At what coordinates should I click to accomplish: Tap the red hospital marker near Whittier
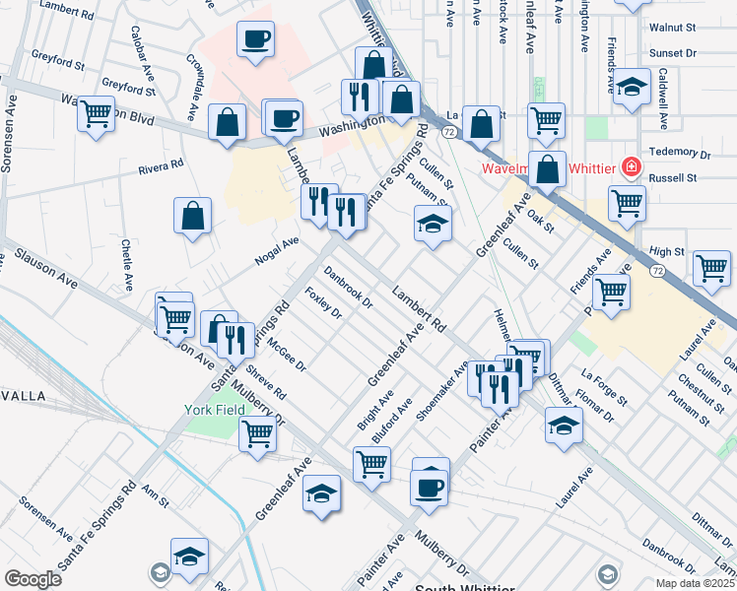(x=630, y=167)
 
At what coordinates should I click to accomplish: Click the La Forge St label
(x=604, y=386)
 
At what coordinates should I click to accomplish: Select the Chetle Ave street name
(x=127, y=264)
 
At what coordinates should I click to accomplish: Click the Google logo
(x=33, y=579)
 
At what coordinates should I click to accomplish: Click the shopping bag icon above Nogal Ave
(x=193, y=215)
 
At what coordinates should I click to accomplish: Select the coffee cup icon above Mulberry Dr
(x=429, y=487)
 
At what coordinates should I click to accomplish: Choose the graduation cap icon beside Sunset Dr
(x=632, y=88)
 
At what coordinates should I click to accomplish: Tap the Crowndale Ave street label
(x=194, y=75)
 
